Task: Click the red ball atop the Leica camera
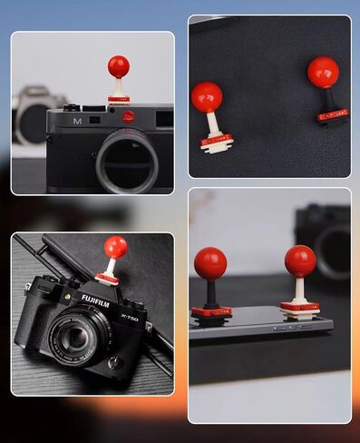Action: (118, 66)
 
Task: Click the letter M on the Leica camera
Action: (79, 120)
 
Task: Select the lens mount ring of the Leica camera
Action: (128, 161)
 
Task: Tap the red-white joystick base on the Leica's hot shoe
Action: (119, 97)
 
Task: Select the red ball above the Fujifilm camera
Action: (115, 246)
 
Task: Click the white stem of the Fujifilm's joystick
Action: (110, 267)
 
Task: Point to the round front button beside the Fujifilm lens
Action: (114, 361)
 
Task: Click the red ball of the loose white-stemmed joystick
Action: (207, 97)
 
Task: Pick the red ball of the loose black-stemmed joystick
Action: (323, 72)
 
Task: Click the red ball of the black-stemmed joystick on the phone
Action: (210, 264)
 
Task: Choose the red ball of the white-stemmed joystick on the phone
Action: (300, 261)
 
